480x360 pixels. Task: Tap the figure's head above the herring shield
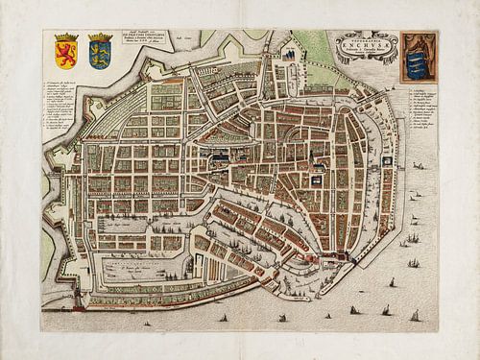coord(419,38)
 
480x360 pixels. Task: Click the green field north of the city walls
coord(317,48)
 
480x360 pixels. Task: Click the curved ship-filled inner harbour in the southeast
coord(288,230)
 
